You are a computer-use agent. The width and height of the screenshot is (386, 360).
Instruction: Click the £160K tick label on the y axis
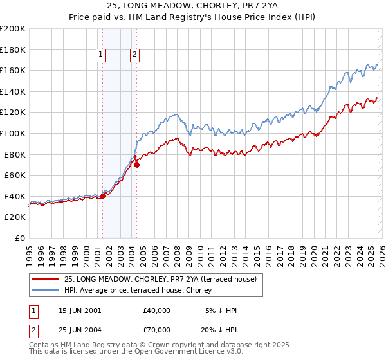(13, 70)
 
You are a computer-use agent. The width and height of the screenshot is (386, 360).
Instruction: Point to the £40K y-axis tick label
(15, 196)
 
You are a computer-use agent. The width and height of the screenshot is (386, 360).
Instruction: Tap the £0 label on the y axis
(19, 238)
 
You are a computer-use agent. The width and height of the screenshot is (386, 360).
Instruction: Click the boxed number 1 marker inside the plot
(102, 55)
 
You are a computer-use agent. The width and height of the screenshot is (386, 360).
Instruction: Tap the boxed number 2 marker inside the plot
(135, 55)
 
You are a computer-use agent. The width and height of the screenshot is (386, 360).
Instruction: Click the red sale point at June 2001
(102, 196)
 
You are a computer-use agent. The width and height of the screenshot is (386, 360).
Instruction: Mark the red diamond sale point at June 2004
(136, 165)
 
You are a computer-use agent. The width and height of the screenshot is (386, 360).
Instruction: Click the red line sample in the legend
(46, 279)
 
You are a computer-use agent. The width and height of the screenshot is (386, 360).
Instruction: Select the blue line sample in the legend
(46, 290)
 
